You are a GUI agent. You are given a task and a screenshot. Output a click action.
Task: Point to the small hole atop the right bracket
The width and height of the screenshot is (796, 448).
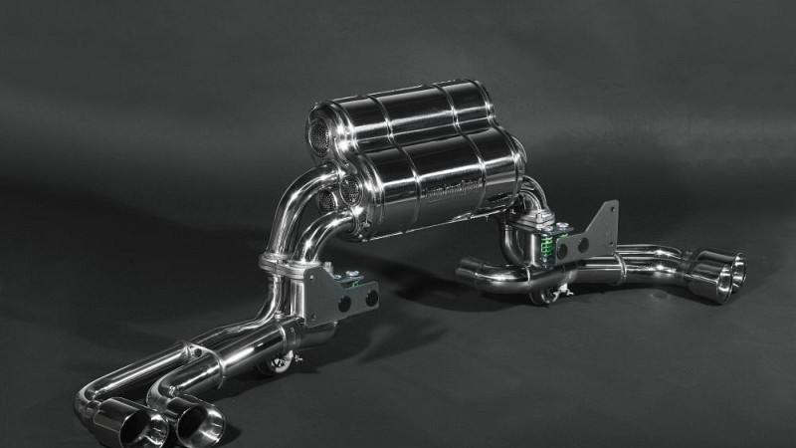point(610,208)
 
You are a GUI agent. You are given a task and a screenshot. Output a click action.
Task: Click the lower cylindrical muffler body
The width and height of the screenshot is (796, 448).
point(438,179)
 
